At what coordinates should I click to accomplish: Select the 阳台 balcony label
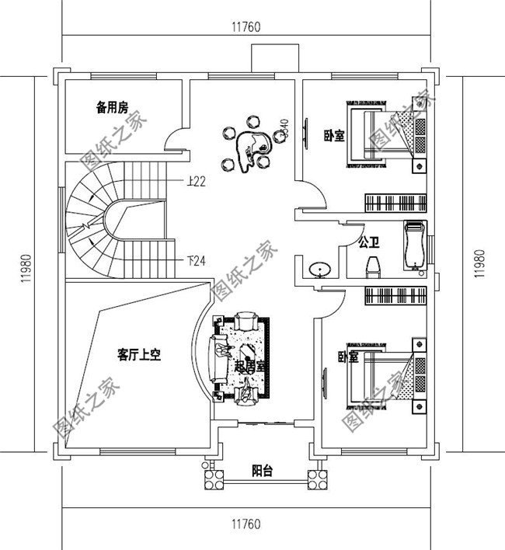pos(262,471)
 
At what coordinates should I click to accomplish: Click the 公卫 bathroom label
pos(368,242)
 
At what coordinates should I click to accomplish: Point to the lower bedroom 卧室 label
pos(348,357)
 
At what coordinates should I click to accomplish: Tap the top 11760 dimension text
pos(245,26)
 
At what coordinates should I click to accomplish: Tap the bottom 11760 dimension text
pos(245,522)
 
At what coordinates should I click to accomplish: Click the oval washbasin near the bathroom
pos(319,270)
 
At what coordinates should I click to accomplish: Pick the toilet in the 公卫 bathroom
pos(372,266)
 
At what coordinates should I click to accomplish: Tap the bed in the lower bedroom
pos(381,373)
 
